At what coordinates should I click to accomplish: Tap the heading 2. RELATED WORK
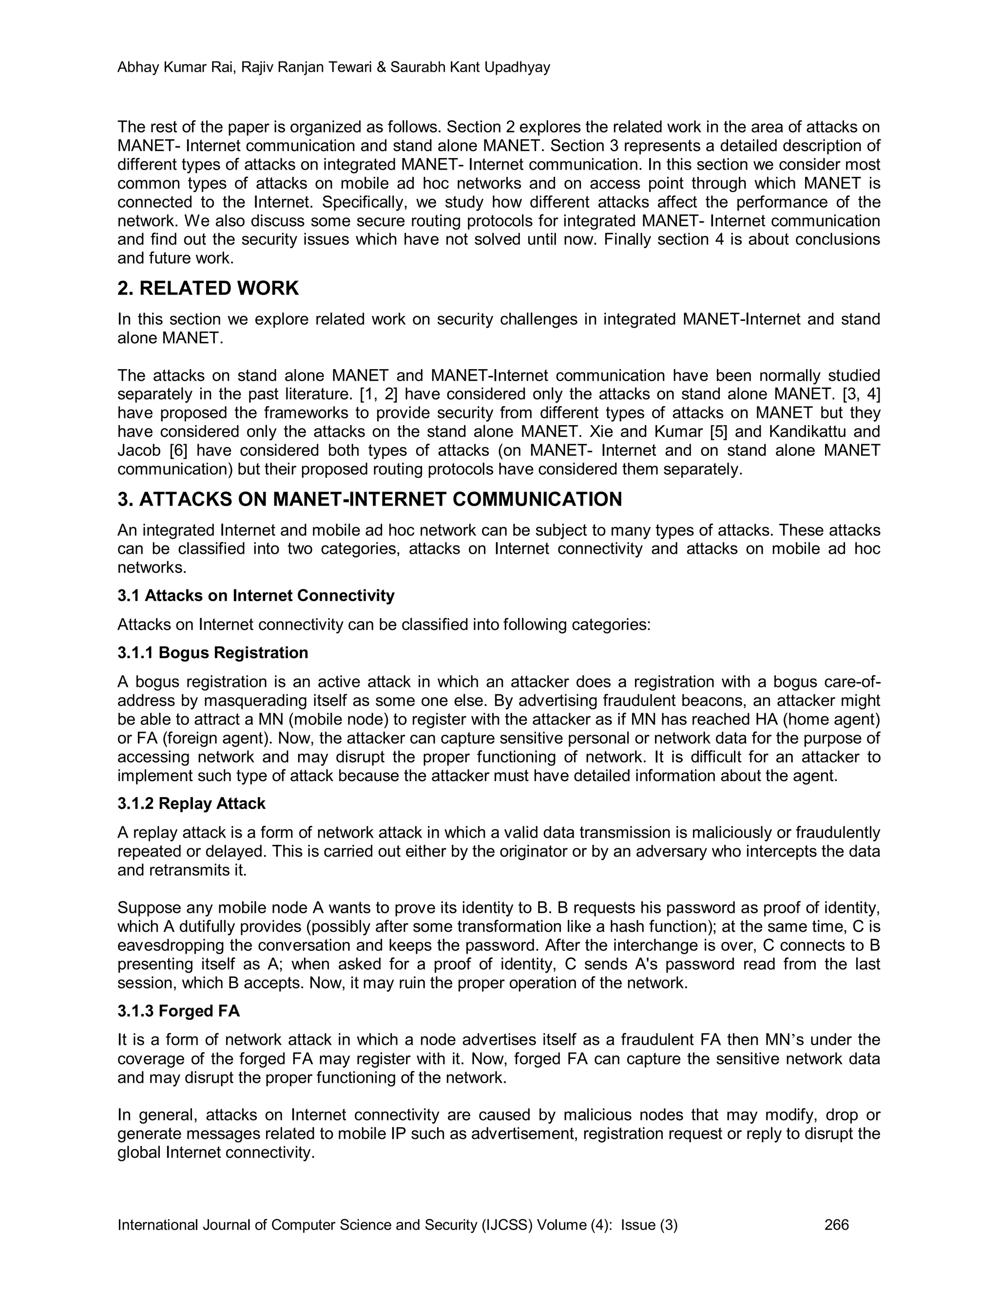(208, 289)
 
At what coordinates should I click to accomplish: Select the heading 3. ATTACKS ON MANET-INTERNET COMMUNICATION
(369, 499)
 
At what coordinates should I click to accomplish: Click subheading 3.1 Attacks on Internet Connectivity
(255, 595)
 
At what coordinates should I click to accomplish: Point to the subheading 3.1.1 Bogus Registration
(213, 652)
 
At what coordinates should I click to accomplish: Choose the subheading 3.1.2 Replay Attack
(192, 803)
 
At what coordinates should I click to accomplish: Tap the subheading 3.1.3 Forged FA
(178, 1011)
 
